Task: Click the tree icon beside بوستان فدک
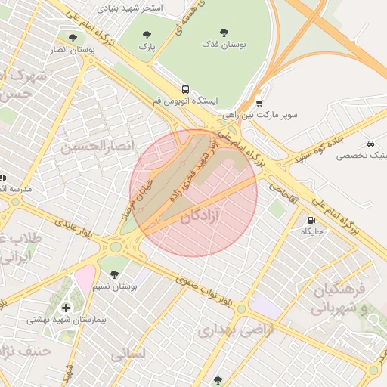click(224, 33)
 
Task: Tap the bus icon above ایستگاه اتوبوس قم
click(185, 88)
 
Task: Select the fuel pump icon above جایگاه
click(311, 220)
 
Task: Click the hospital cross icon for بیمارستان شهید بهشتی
click(67, 307)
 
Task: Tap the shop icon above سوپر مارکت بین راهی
click(259, 104)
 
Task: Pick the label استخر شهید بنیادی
click(133, 8)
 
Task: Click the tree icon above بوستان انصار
click(73, 37)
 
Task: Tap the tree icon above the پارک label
click(147, 34)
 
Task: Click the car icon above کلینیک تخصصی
click(370, 144)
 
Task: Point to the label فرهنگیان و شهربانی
click(338, 298)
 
